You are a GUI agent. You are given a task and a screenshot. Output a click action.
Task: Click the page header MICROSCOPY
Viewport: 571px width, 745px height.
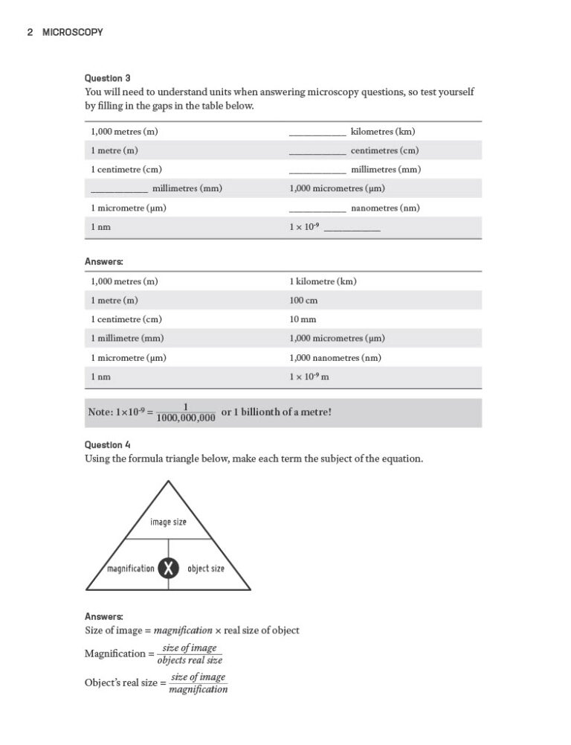[72, 32]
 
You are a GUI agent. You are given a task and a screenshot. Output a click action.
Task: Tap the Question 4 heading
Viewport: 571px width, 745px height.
[108, 444]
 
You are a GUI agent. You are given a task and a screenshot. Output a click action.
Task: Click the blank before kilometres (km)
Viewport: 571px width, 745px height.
[317, 134]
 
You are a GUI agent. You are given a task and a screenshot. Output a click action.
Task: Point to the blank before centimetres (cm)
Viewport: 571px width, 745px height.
[317, 153]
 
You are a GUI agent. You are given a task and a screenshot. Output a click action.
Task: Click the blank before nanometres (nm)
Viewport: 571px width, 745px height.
[317, 211]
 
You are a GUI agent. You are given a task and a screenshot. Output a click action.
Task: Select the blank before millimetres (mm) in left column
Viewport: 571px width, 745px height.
[119, 191]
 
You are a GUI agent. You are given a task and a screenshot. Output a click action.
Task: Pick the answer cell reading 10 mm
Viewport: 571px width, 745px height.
[303, 319]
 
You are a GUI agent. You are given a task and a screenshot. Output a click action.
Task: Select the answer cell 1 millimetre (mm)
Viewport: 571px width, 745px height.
[127, 339]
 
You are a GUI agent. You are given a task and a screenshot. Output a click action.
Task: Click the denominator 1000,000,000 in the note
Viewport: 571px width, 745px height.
[186, 418]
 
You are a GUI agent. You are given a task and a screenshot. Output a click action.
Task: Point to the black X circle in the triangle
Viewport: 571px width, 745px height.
[170, 569]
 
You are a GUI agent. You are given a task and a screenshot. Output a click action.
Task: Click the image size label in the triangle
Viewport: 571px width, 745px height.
[168, 522]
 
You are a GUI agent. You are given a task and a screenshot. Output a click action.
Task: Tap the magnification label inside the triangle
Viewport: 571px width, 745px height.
[131, 569]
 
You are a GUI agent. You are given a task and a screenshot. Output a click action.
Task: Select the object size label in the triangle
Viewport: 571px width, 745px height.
[206, 569]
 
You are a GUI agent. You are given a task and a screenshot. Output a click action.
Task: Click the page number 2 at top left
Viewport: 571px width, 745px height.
[29, 32]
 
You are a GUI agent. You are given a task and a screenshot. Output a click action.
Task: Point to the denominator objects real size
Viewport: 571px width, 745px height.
[190, 660]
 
